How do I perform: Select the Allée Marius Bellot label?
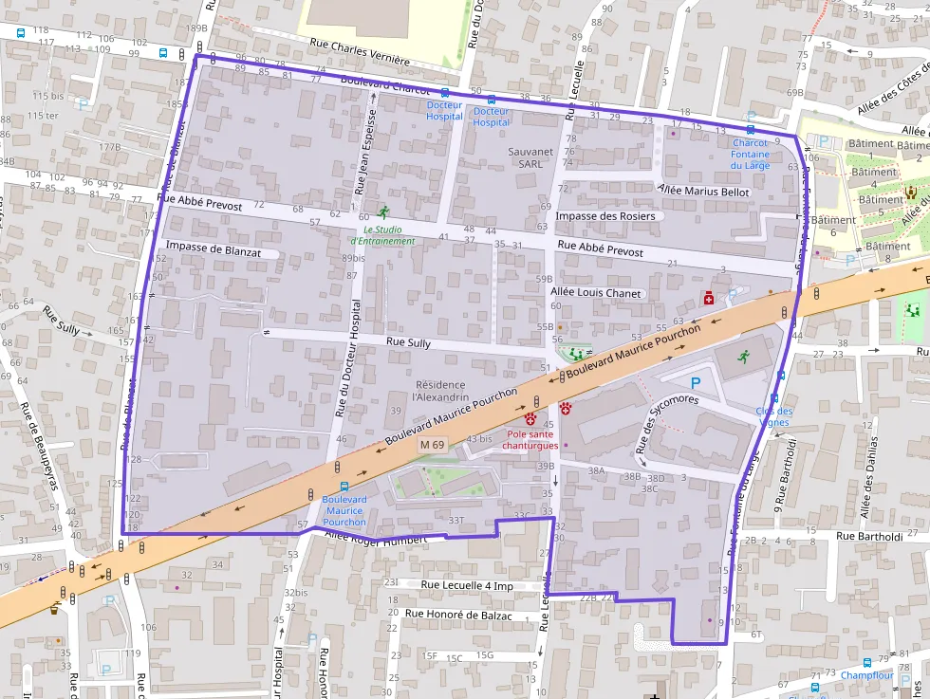click(x=703, y=193)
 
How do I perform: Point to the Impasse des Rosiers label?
click(x=605, y=216)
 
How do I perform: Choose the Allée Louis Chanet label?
click(x=597, y=293)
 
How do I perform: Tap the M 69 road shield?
click(x=432, y=445)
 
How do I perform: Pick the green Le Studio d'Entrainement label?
click(x=389, y=235)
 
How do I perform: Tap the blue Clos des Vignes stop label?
click(x=774, y=416)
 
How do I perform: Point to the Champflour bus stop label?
click(x=867, y=676)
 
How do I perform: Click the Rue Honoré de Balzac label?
click(x=458, y=615)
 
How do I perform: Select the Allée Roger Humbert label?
click(x=372, y=538)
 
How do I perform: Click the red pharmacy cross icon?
click(x=708, y=299)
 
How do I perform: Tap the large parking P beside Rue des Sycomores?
click(x=696, y=383)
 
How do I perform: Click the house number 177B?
click(x=110, y=148)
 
